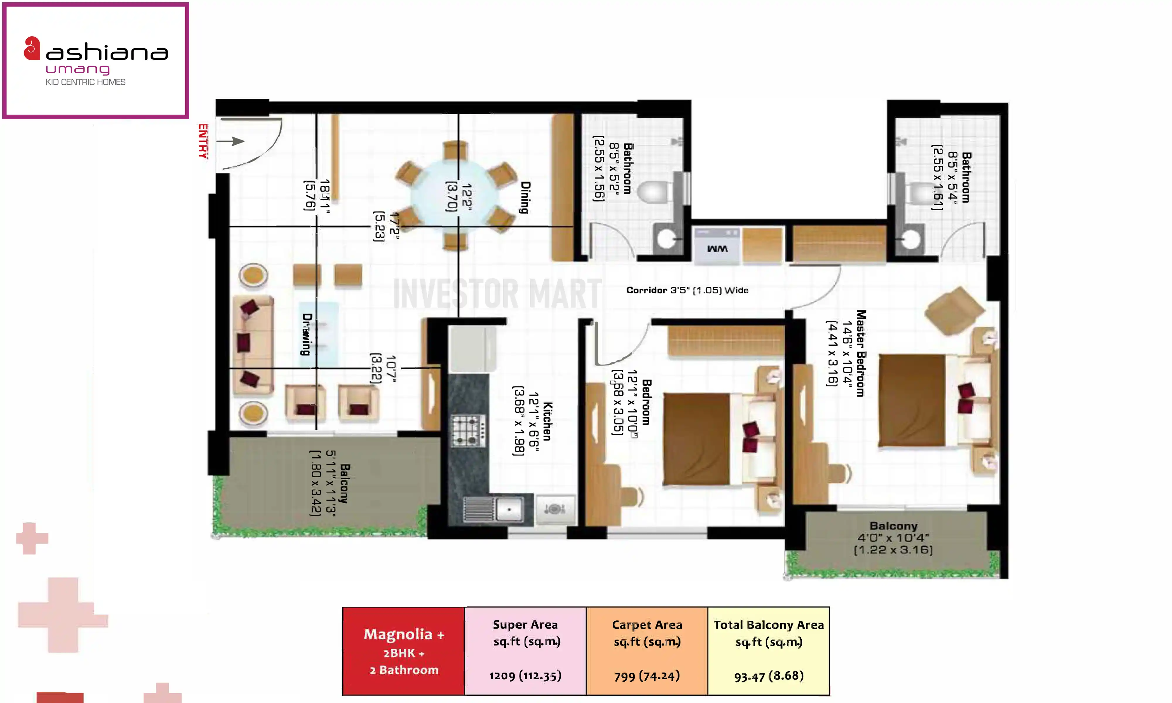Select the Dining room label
pos(525,197)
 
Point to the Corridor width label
pos(687,290)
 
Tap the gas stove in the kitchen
pos(468,430)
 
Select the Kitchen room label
pos(547,421)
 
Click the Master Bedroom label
pos(861,353)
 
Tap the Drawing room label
pos(307,334)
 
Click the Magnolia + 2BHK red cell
pos(404,651)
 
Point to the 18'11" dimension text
pos(325,196)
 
